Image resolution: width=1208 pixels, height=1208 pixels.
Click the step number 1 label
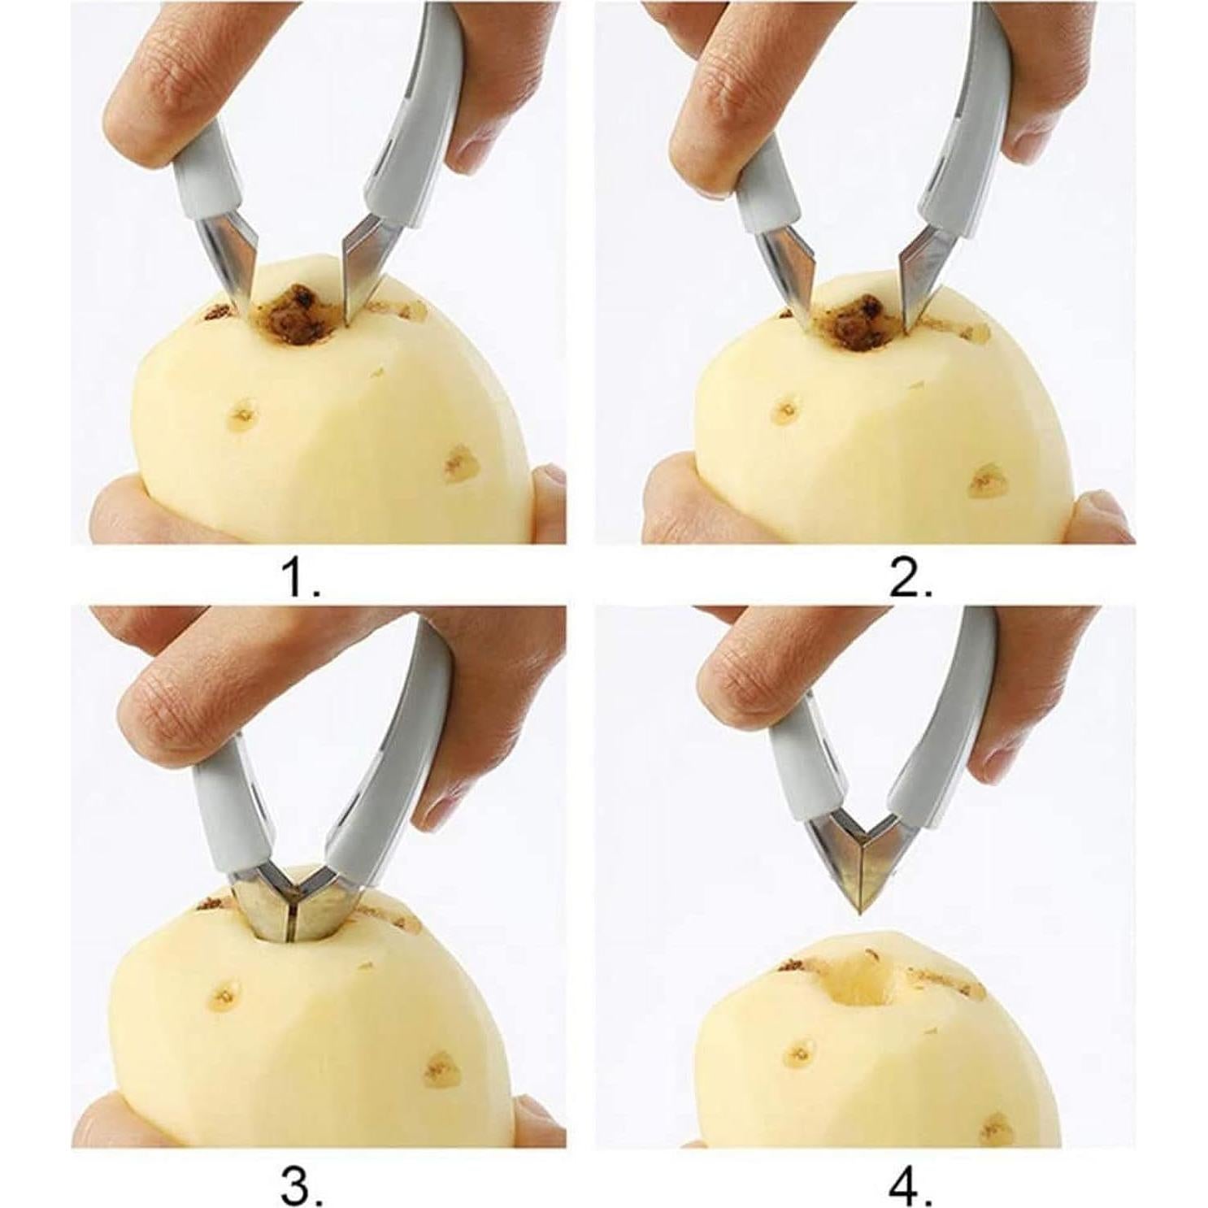click(x=300, y=580)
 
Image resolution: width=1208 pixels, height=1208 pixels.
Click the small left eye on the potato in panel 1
click(x=242, y=415)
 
